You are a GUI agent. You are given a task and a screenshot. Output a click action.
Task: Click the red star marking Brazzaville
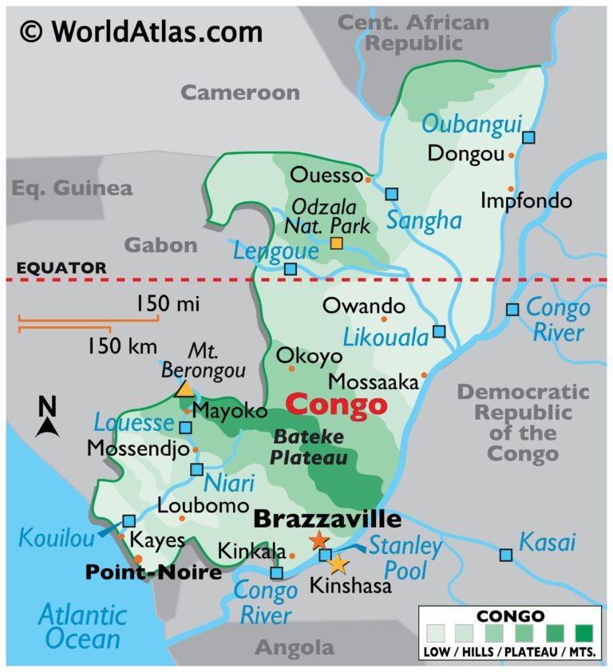(318, 540)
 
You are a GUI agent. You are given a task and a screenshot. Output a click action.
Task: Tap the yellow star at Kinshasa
(338, 564)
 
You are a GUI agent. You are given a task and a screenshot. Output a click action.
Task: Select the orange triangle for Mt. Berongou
(184, 389)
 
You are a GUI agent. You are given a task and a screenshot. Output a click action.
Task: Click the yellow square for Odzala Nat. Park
(337, 243)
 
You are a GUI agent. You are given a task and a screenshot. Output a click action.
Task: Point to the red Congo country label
(336, 405)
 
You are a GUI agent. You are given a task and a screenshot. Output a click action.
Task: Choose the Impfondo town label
(526, 200)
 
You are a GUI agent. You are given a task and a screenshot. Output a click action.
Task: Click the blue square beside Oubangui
(528, 137)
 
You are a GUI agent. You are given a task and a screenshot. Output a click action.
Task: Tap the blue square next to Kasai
(505, 555)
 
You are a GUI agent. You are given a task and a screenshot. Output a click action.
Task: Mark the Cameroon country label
(239, 92)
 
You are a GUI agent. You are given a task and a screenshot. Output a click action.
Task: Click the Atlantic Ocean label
(82, 627)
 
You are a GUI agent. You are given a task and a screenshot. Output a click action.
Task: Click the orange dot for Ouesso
(368, 180)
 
